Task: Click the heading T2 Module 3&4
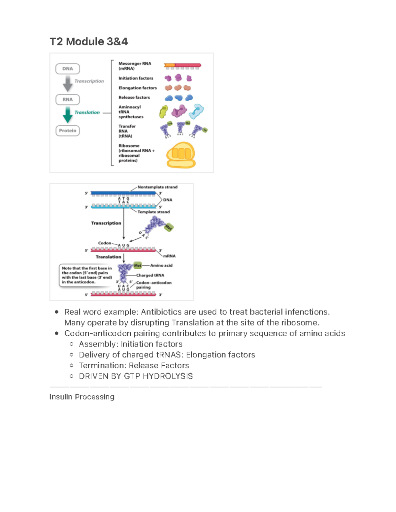pos(88,42)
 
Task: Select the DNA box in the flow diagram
pos(68,69)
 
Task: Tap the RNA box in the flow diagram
pos(68,100)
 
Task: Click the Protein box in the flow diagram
pos(68,131)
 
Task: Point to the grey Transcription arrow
pos(68,83)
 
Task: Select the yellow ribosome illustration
pos(181,155)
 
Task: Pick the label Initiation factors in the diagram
pos(136,78)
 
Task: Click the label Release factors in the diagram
pos(134,98)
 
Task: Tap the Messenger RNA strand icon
pos(182,66)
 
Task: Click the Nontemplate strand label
pos(157,187)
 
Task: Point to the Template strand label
pos(153,212)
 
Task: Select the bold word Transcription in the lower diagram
pos(106,223)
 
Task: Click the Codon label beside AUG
pos(105,243)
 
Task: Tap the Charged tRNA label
pos(150,275)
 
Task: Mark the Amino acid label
pos(161,265)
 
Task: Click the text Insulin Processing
pos(82,397)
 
